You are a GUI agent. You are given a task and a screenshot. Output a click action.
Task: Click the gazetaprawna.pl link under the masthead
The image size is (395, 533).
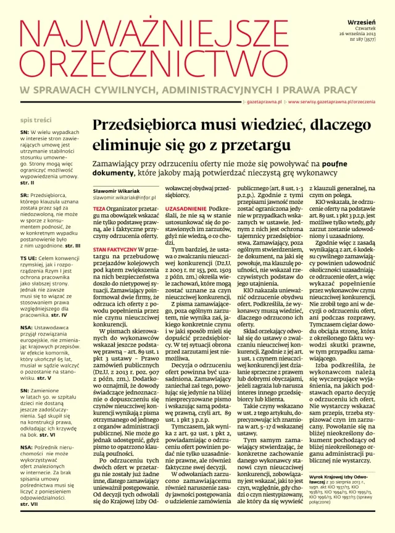pos(265,101)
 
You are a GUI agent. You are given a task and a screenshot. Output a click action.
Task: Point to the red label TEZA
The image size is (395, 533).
pos(99,209)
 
